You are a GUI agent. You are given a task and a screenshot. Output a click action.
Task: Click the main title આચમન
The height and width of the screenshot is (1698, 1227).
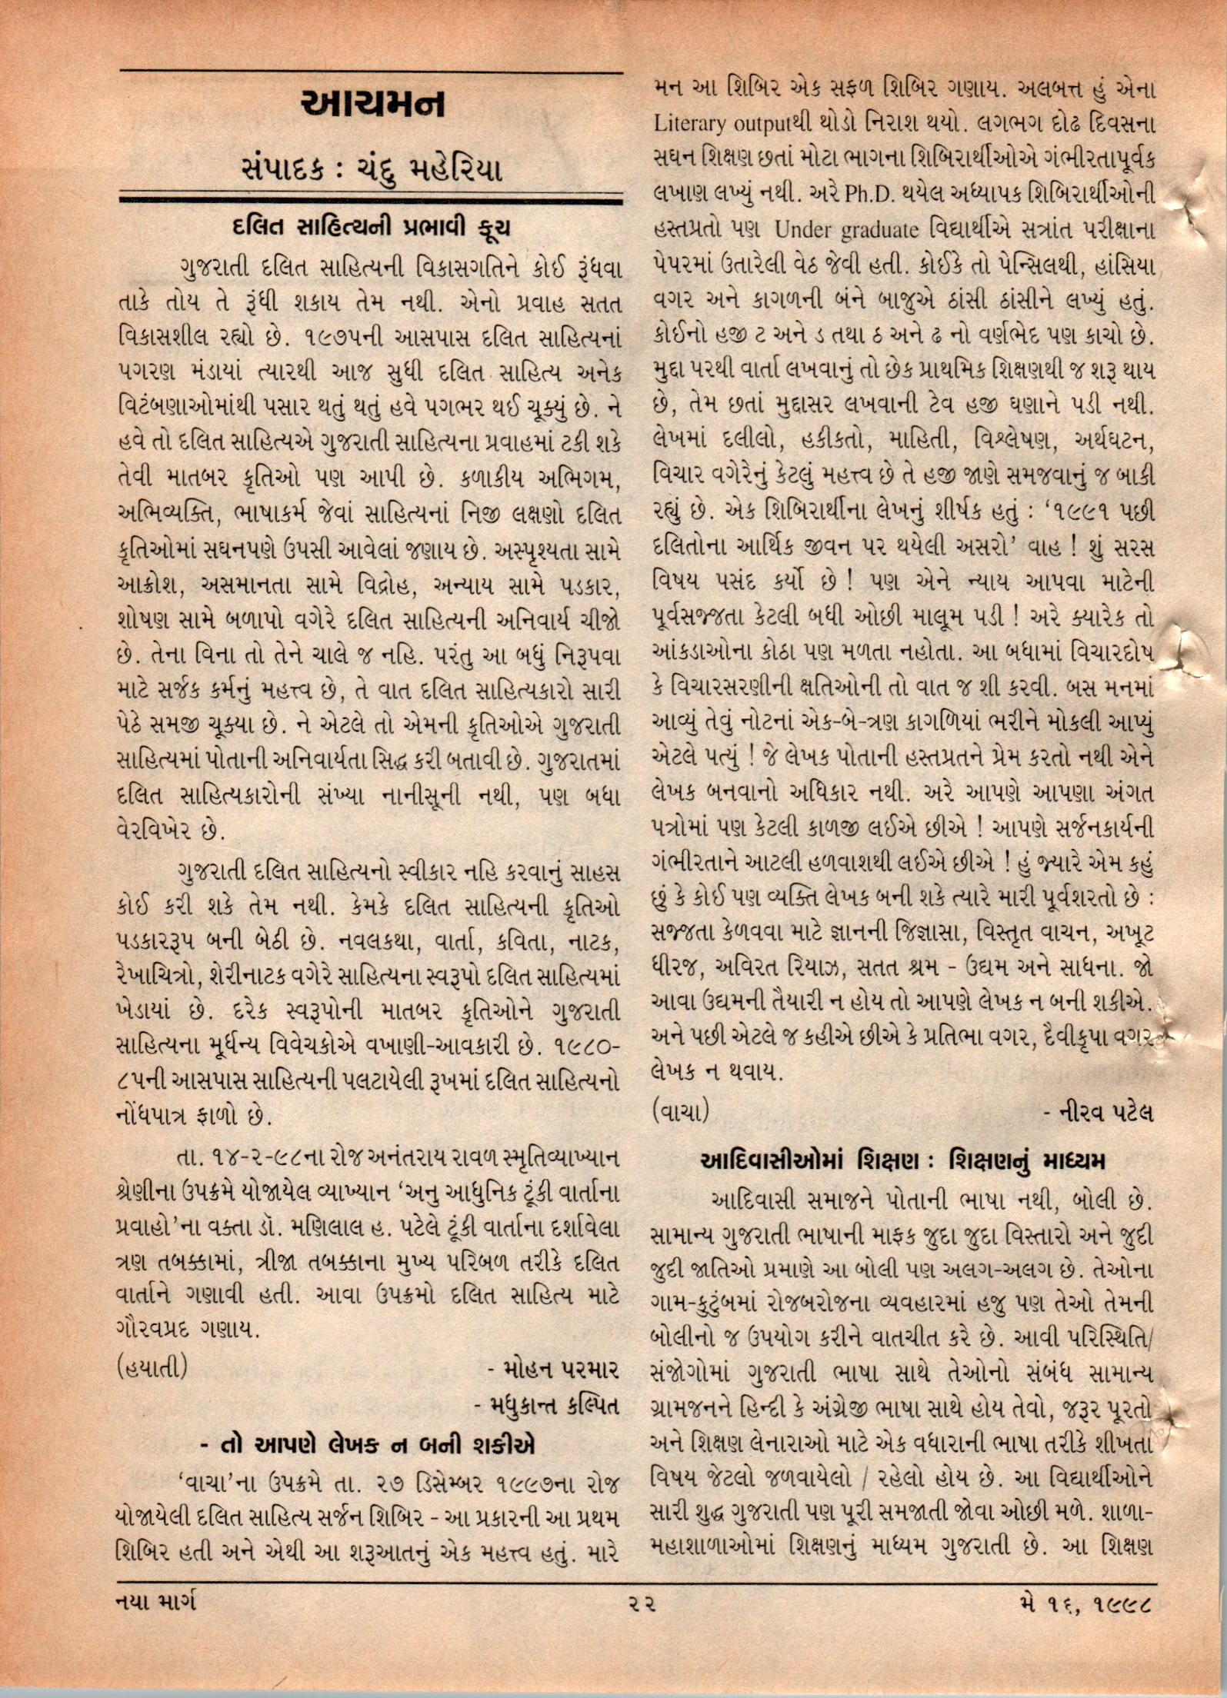tap(373, 105)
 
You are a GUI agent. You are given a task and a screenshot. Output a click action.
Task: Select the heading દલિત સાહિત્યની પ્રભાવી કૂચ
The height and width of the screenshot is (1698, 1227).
tap(370, 230)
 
